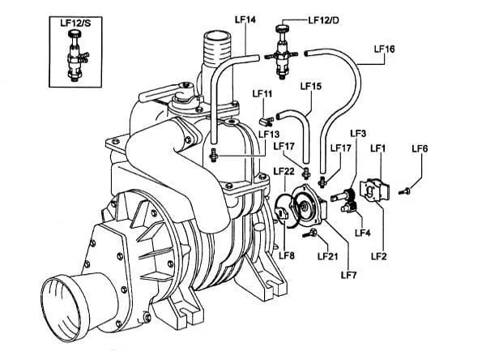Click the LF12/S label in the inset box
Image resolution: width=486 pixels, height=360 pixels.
(x=75, y=24)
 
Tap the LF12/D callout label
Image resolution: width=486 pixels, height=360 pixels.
(x=323, y=20)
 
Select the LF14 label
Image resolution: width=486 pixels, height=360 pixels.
(x=245, y=19)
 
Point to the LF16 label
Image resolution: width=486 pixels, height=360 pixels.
(x=384, y=49)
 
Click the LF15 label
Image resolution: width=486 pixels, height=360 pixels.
(x=311, y=86)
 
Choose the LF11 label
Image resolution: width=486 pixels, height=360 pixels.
(x=262, y=93)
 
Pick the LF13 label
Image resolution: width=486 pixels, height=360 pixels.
(x=269, y=134)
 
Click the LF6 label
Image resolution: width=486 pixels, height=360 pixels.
(x=420, y=148)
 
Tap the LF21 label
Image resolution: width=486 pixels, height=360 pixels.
(x=327, y=256)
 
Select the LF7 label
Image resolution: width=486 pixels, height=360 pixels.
(x=349, y=275)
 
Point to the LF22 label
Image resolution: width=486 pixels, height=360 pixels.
(x=284, y=170)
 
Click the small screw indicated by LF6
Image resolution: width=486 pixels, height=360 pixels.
(x=404, y=191)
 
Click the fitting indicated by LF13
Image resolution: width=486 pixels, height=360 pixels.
(x=212, y=155)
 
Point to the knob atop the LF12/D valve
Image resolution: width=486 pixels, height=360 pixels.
(x=282, y=28)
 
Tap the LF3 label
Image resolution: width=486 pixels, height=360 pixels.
(x=358, y=134)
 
